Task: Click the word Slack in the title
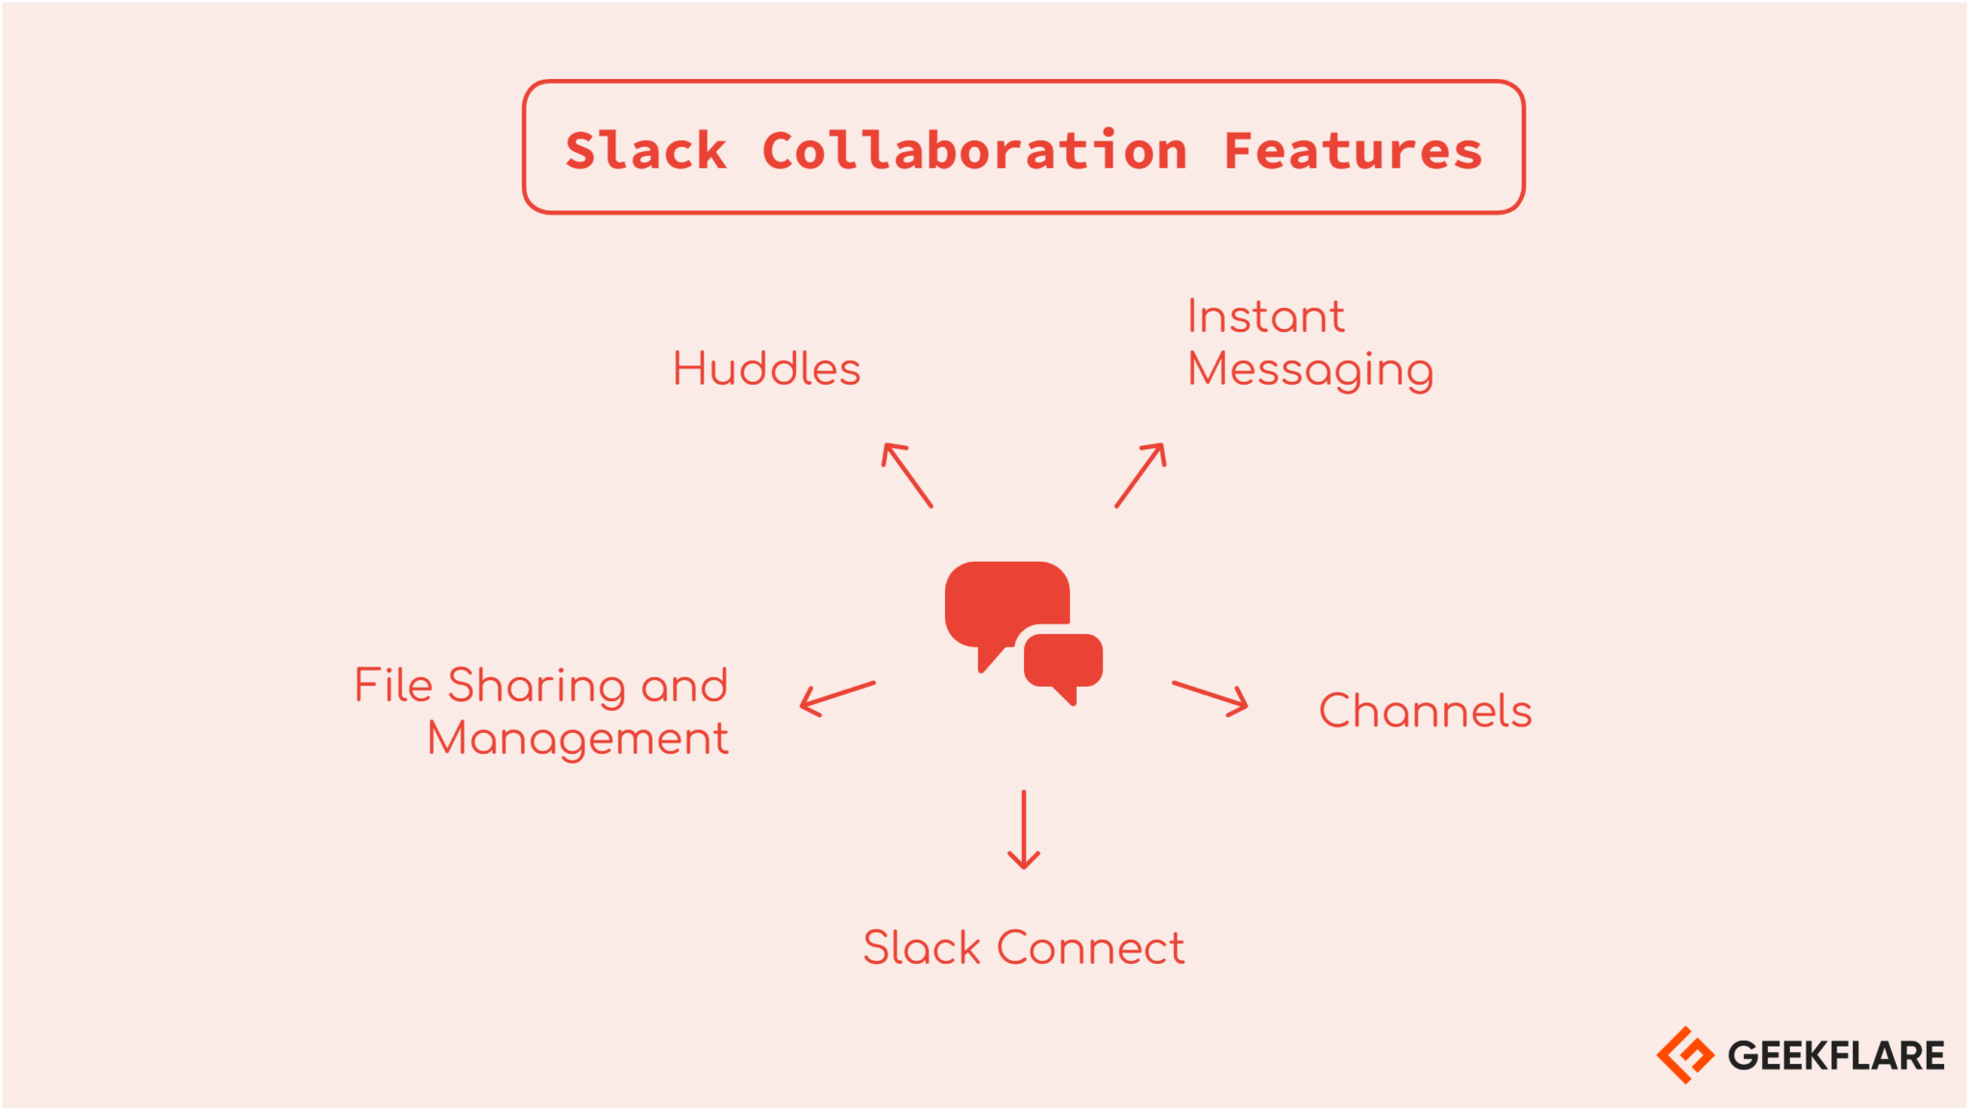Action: [x=645, y=151]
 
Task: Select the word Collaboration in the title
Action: [x=974, y=151]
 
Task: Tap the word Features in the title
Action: [x=1353, y=151]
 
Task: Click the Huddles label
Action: [x=766, y=369]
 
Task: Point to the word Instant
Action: [x=1265, y=316]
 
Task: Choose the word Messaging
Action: [x=1309, y=370]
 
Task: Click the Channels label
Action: [x=1425, y=712]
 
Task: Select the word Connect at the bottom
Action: [x=1090, y=948]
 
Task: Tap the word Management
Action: [x=578, y=740]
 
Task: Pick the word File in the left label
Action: [x=393, y=686]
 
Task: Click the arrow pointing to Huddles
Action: [x=907, y=474]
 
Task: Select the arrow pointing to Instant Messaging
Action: [x=1141, y=474]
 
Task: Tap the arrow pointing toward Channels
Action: [x=1210, y=697]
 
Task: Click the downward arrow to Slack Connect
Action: [x=1024, y=829]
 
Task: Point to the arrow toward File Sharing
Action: [x=837, y=697]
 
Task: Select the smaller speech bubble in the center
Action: [x=1063, y=662]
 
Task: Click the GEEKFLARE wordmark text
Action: [x=1835, y=1056]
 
